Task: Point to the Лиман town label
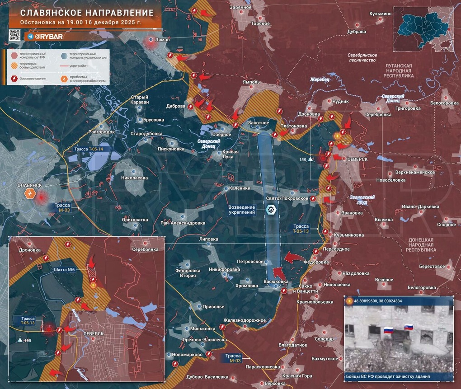click(162, 40)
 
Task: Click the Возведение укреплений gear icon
click(271, 209)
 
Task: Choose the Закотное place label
click(259, 122)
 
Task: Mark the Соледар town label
click(324, 339)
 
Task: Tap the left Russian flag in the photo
click(387, 330)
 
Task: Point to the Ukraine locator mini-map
click(423, 28)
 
